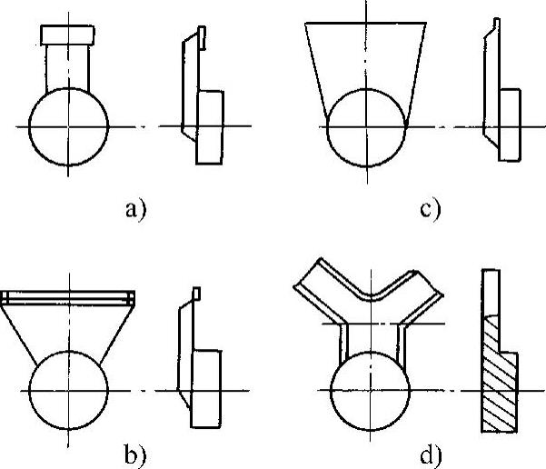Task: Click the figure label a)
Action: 135,211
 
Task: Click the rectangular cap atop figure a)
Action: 68,35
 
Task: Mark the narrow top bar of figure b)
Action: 68,297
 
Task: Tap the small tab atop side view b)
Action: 194,293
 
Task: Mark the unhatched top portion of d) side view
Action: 491,291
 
